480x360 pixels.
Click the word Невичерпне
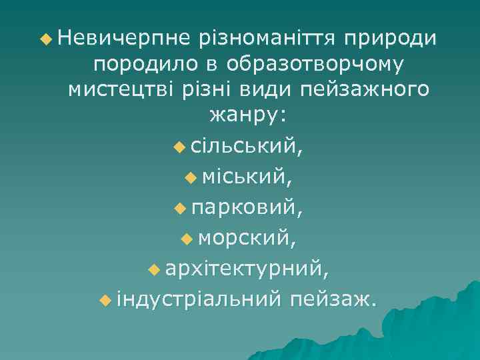123,39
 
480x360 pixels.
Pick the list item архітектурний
247,269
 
